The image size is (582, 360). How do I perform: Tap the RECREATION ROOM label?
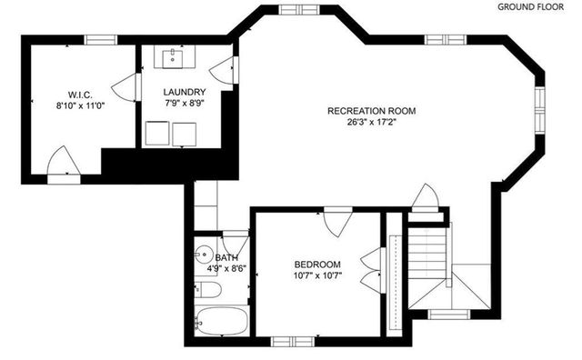[371, 111]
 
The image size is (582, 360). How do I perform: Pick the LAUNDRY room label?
[184, 93]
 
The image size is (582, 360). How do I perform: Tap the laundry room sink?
[175, 58]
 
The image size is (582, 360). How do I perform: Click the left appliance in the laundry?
[162, 135]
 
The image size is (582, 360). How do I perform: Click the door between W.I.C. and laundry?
[125, 88]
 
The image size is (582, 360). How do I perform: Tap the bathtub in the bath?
[222, 321]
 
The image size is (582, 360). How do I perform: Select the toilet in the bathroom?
[206, 291]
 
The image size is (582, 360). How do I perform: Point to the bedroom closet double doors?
[371, 264]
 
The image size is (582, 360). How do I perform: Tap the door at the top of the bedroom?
[337, 220]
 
